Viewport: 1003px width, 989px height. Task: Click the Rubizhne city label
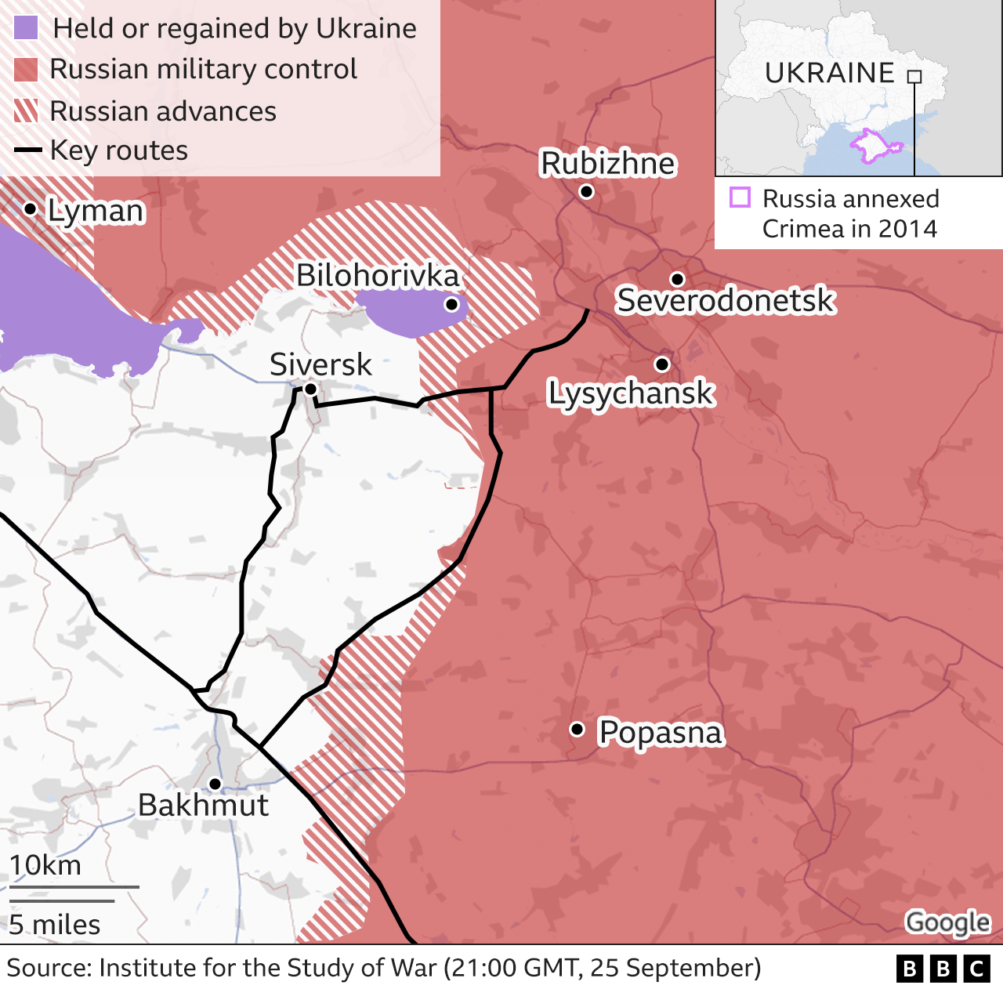(607, 164)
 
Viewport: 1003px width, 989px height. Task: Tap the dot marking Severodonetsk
(678, 279)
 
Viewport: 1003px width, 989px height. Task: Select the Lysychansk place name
(631, 393)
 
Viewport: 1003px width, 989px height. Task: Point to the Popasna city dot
(577, 729)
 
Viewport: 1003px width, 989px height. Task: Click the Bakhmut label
(203, 805)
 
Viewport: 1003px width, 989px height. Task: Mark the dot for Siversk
(310, 389)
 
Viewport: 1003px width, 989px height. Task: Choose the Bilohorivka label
(377, 275)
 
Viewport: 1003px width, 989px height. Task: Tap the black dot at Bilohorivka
(451, 304)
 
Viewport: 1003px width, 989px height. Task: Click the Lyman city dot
(30, 208)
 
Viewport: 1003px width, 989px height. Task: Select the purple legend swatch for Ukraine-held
(26, 28)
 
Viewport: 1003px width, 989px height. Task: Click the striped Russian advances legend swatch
(26, 111)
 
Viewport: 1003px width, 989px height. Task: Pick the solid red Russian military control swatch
(26, 70)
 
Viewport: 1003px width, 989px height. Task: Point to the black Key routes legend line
(27, 150)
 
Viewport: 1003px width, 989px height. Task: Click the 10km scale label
(45, 865)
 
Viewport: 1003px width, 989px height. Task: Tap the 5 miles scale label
(55, 925)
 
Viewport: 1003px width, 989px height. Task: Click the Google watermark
(947, 922)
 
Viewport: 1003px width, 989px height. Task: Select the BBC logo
(943, 969)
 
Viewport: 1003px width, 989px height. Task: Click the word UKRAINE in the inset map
(829, 73)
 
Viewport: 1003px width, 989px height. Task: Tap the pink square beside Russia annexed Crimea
(740, 197)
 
